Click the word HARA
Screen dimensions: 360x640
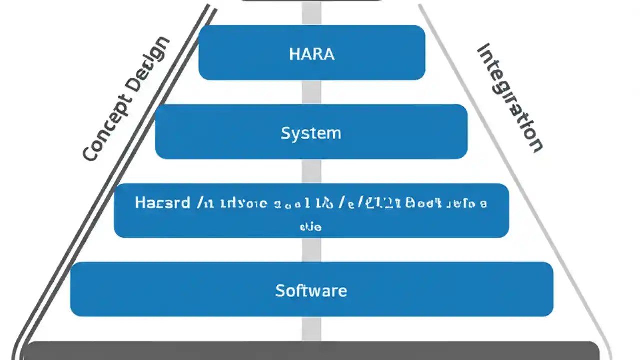311,54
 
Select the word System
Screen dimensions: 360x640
311,133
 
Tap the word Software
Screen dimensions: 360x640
311,290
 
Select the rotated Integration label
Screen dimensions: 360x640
510,98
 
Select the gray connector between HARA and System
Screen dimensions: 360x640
311,92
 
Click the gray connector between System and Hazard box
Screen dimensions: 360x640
311,171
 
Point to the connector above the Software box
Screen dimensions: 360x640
311,249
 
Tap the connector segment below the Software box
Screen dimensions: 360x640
311,329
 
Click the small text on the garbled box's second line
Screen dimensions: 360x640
310,226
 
